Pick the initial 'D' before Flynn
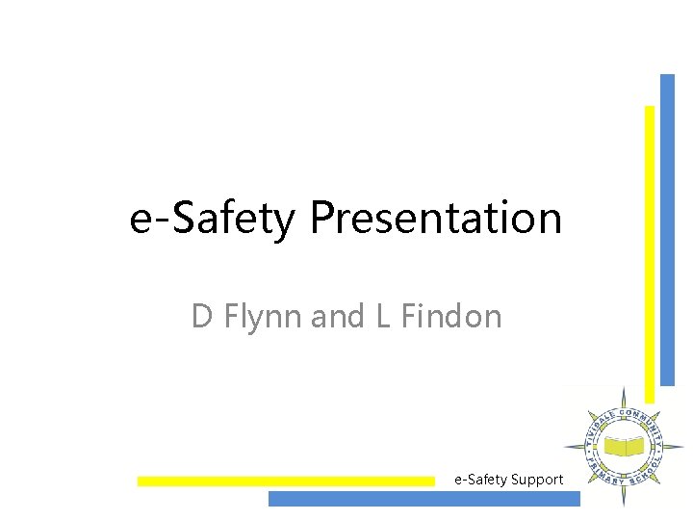click(x=201, y=316)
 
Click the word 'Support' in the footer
click(x=535, y=479)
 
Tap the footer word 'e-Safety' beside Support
click(x=480, y=479)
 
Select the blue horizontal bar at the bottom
click(x=423, y=499)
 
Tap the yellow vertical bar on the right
click(x=650, y=250)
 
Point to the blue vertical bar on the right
click(x=667, y=231)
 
